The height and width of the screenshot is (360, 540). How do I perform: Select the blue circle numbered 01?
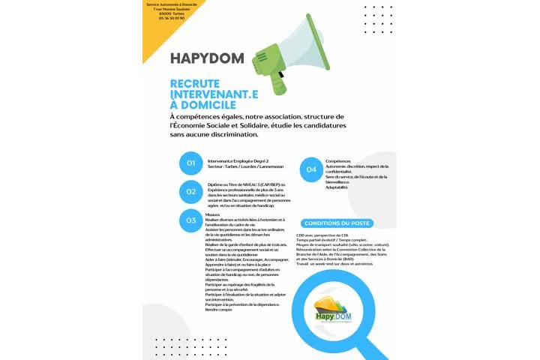(x=191, y=163)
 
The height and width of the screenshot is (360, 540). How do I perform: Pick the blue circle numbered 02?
(x=191, y=191)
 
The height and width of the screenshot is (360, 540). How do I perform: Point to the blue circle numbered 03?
(x=191, y=220)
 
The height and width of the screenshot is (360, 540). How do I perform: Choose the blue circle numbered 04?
(x=311, y=169)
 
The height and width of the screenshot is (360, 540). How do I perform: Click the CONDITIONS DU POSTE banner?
(x=336, y=223)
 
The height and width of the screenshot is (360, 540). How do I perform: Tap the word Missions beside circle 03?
(x=212, y=214)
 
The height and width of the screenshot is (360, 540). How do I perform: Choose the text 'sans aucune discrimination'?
(x=214, y=135)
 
